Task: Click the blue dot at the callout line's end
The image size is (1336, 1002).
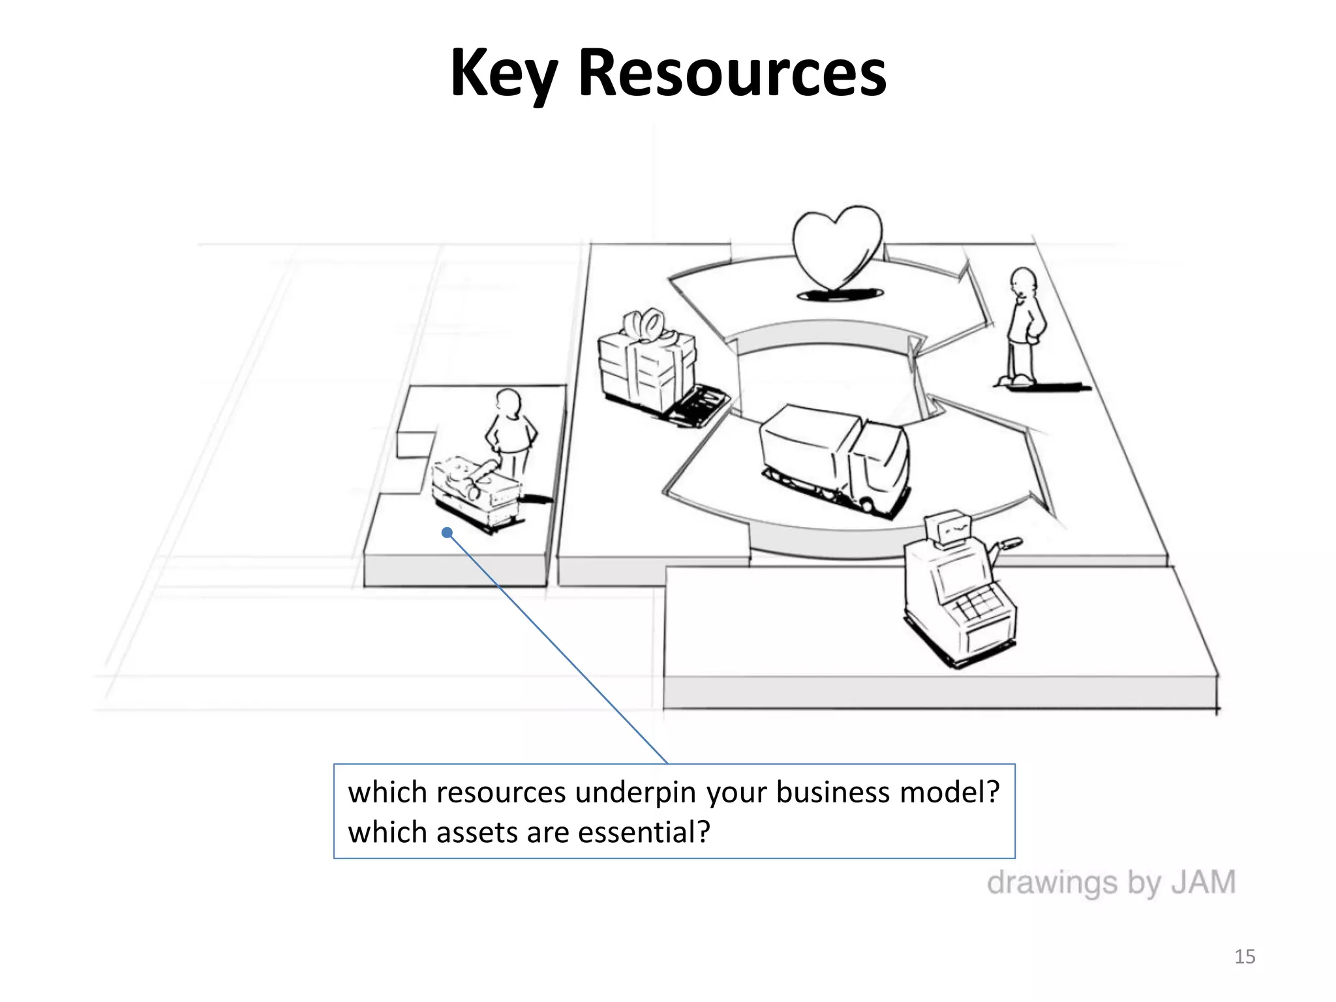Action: [x=447, y=533]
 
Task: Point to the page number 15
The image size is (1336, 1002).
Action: [x=1245, y=957]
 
